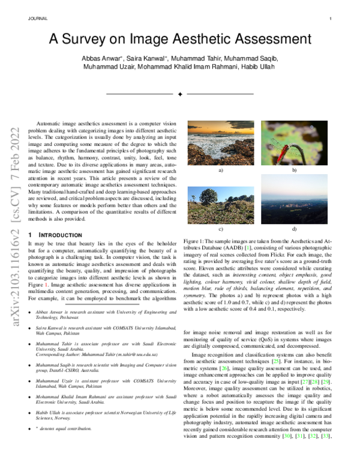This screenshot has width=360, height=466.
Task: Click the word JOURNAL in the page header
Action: click(37, 19)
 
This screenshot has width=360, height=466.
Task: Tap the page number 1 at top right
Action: click(331, 19)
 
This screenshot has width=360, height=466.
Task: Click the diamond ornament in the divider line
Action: click(180, 94)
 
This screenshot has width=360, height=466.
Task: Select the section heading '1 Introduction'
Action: click(56, 235)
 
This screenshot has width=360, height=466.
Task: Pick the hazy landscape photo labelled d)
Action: click(294, 204)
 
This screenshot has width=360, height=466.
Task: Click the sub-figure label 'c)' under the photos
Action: click(221, 229)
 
